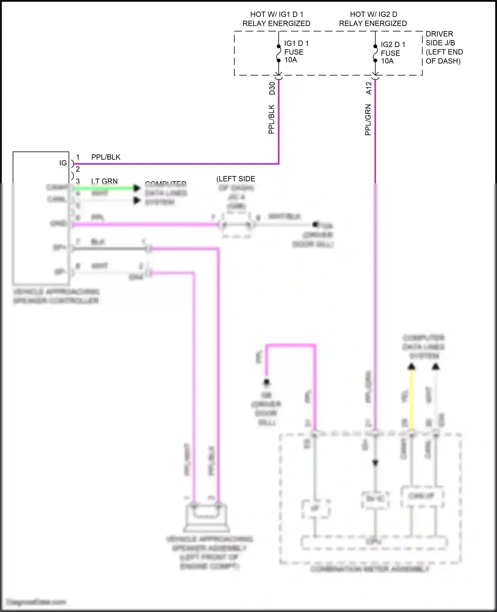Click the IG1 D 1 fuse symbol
[279, 53]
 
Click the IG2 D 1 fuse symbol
[375, 54]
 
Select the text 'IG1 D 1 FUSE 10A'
[296, 52]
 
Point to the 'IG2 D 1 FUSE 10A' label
[393, 53]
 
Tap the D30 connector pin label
[272, 88]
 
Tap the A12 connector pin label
[369, 88]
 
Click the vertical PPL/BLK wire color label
[271, 119]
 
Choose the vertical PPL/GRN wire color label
[368, 120]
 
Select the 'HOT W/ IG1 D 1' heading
[276, 15]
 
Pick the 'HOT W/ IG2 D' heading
[373, 15]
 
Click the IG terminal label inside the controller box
[63, 163]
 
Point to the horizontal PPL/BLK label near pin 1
[106, 157]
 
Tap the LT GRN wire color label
[104, 181]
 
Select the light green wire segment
[103, 188]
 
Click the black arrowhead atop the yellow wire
[412, 366]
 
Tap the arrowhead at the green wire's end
[137, 188]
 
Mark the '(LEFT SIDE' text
[236, 179]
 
